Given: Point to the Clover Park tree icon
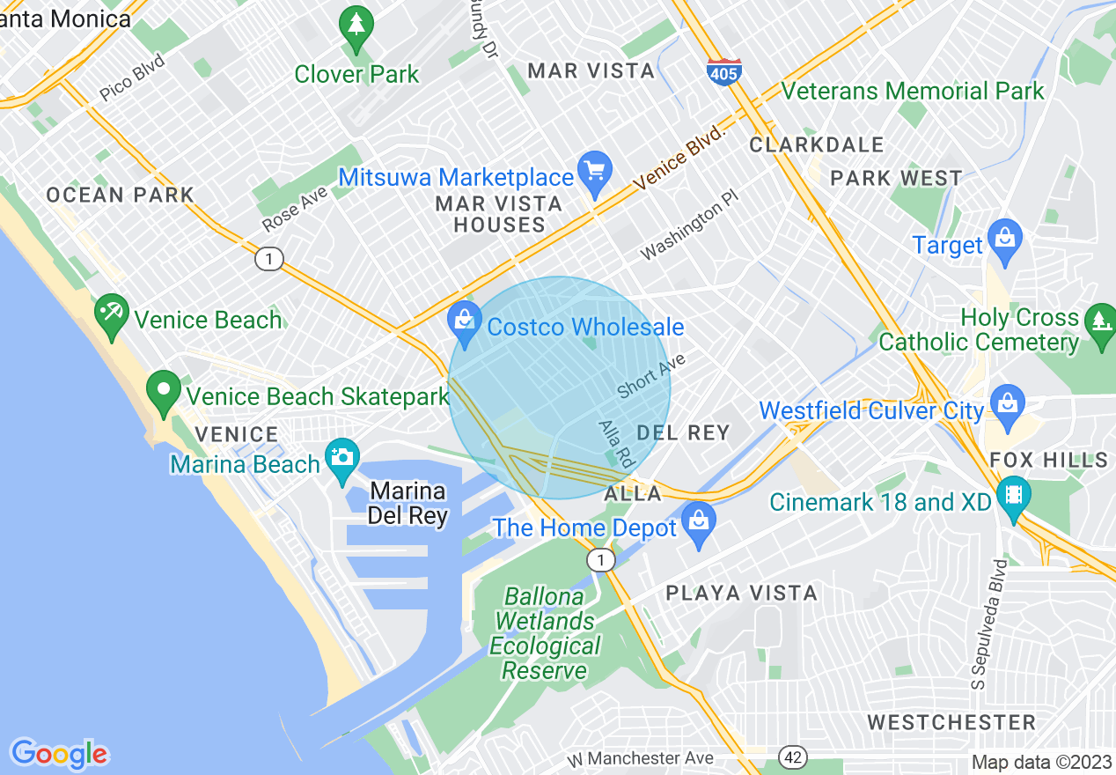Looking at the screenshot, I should [356, 30].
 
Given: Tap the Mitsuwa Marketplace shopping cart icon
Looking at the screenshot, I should [595, 173].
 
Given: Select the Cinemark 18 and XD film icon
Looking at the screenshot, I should [1014, 498].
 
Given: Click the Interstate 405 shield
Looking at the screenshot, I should [723, 71].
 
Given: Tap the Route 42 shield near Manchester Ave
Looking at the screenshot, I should [792, 757].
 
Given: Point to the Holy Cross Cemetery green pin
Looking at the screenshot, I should [1100, 323].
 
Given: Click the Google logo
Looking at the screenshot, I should [59, 754].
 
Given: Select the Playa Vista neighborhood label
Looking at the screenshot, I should [741, 593].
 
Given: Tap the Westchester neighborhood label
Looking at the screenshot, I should [951, 723].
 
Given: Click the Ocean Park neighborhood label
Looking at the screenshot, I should [120, 195].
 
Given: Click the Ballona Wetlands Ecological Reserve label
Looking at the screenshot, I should [545, 633].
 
